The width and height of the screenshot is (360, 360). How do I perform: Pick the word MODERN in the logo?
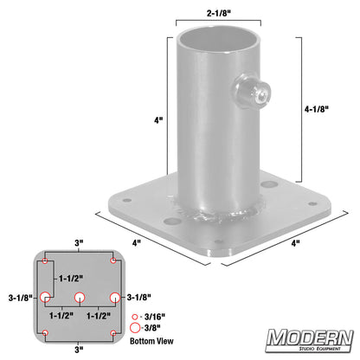pos(309,337)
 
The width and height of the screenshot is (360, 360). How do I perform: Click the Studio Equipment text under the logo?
pos(310,351)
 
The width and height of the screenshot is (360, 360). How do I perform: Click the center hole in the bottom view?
pos(79,297)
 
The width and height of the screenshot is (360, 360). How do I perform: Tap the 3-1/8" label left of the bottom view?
pos(18,297)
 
